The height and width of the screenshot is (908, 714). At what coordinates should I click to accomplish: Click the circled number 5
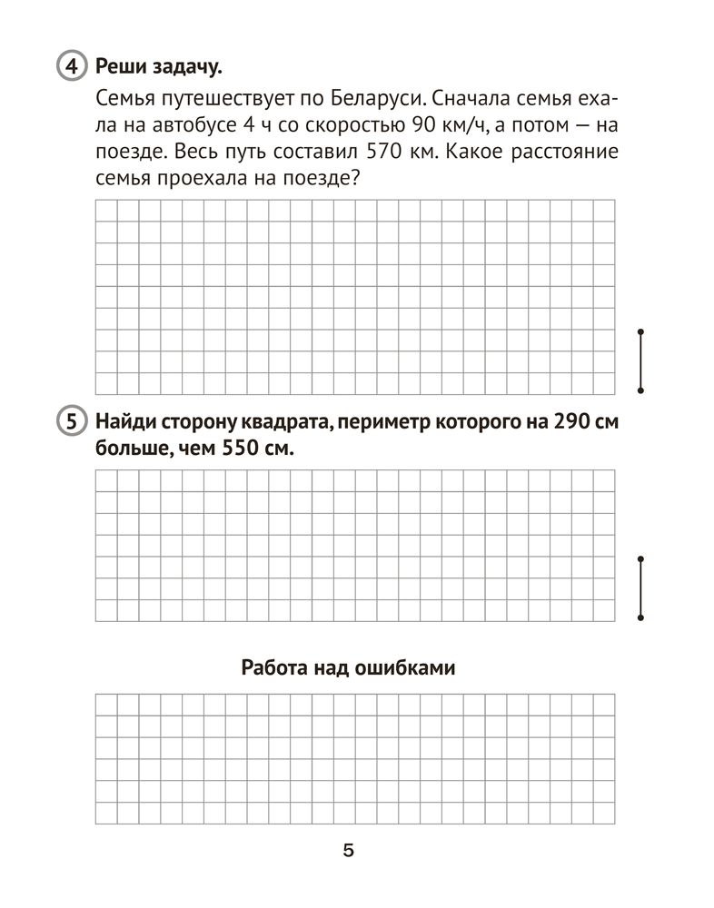tap(70, 422)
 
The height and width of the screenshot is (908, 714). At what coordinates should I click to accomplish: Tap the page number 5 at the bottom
tap(349, 851)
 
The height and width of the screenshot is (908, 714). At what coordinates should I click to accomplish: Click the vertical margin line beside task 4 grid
tap(641, 360)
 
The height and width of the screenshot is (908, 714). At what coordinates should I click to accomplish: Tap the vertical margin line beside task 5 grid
tap(641, 588)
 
